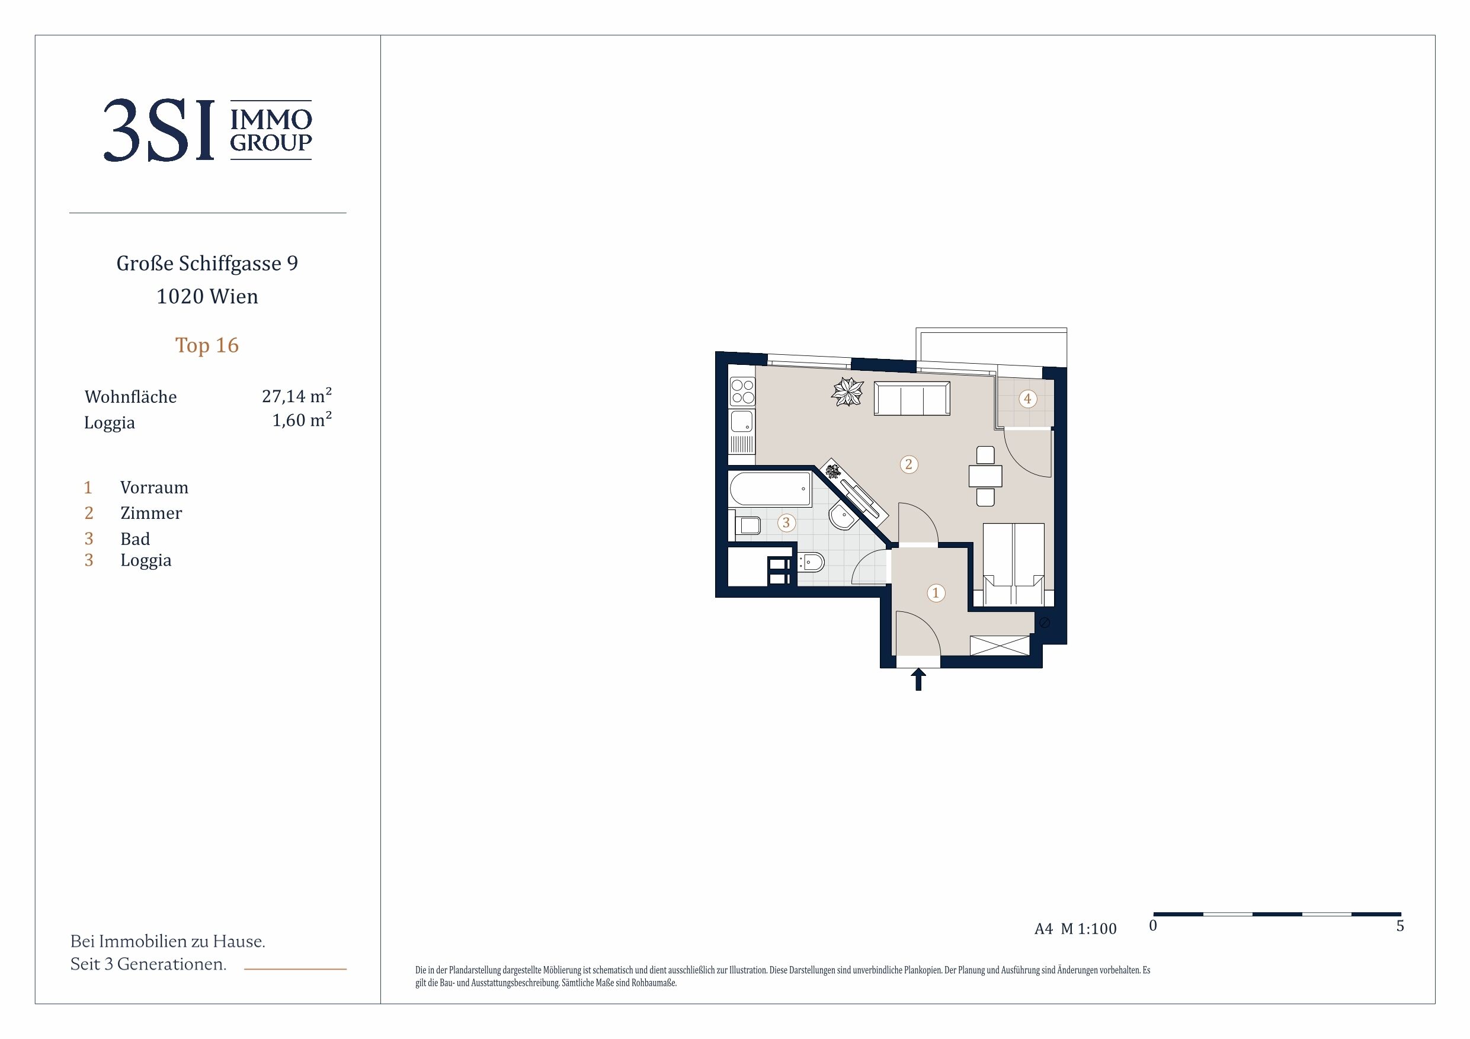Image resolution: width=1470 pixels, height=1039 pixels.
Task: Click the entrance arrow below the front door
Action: click(x=919, y=679)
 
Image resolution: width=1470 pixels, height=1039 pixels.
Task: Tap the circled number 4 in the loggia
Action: click(x=1027, y=399)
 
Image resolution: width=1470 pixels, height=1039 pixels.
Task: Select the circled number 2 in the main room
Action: click(x=908, y=464)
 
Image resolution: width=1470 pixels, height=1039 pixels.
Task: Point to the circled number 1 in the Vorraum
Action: click(x=936, y=593)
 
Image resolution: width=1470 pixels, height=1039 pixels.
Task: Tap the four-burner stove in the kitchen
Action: click(x=742, y=391)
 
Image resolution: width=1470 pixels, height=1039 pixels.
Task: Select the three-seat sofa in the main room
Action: click(x=912, y=398)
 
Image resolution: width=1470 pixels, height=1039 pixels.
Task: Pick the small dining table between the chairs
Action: click(x=985, y=476)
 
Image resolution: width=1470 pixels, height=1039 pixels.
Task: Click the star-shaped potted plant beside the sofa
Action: click(x=848, y=392)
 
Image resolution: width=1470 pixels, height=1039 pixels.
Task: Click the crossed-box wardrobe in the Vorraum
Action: click(x=1000, y=645)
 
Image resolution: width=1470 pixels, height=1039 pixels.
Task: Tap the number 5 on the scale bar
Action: click(x=1400, y=926)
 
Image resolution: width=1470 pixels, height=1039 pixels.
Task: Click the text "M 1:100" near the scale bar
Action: click(x=1088, y=929)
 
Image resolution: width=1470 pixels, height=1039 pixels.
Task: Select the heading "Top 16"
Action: click(x=207, y=345)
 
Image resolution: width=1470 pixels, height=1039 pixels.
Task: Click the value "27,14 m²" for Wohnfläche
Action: click(x=296, y=396)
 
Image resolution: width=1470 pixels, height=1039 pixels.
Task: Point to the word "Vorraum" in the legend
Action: click(x=154, y=488)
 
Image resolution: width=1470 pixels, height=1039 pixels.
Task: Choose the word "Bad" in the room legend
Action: click(x=135, y=539)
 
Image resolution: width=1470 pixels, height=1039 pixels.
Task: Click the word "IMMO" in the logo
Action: click(x=271, y=119)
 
